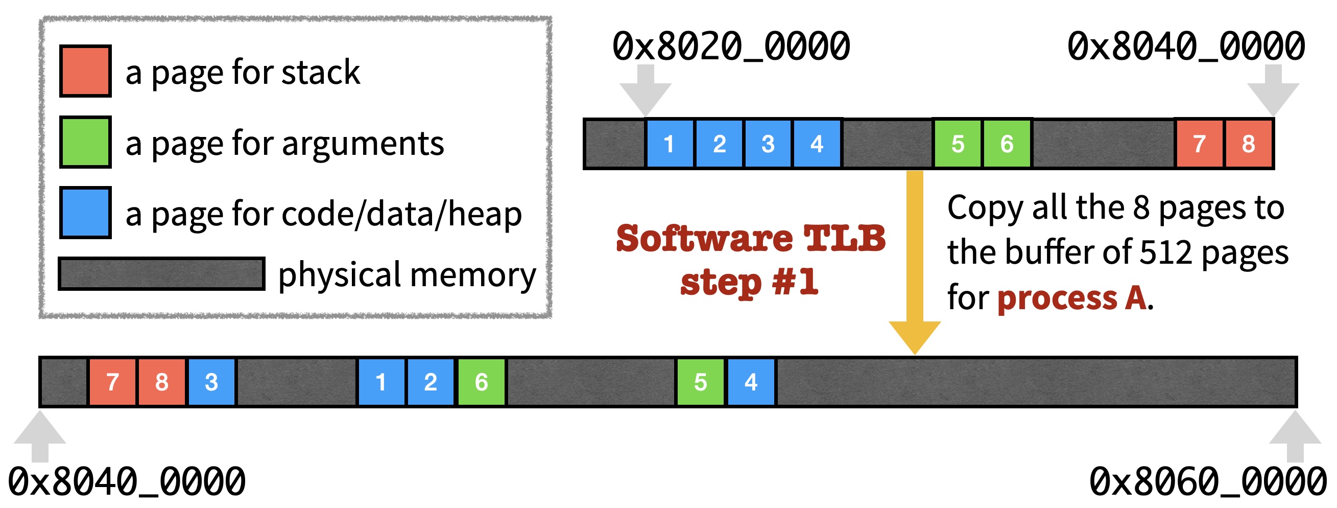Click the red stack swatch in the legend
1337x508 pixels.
85,71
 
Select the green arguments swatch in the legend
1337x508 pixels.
85,142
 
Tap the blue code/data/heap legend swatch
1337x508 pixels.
85,213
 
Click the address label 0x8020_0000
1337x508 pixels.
731,46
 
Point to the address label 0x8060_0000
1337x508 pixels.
1208,481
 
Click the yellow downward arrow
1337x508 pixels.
915,260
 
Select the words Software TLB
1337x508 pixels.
751,239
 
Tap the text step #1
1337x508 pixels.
749,283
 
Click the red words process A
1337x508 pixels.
1072,298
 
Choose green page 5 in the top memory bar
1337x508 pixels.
958,144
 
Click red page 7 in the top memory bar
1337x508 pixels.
1199,144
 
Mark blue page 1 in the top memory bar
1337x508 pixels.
669,144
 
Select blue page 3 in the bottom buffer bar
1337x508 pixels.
211,382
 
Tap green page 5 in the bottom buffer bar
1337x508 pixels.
700,382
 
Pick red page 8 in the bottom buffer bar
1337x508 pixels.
161,382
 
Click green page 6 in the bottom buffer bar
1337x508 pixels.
481,382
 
